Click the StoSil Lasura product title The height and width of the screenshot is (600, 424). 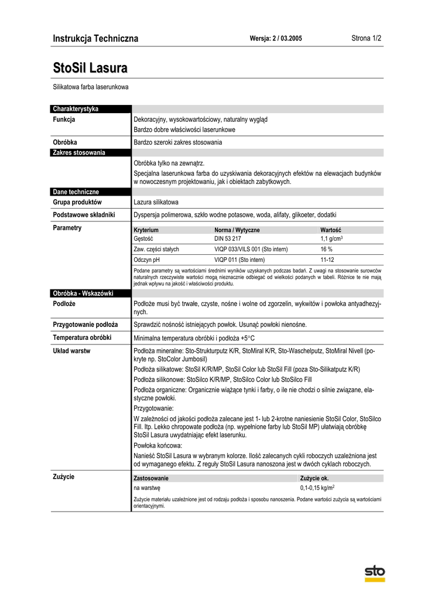pyautogui.click(x=90, y=68)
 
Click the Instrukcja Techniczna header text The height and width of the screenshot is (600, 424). pyautogui.click(x=95, y=39)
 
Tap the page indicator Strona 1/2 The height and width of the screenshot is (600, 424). pyautogui.click(x=366, y=38)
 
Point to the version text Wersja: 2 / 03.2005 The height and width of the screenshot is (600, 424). pyautogui.click(x=276, y=39)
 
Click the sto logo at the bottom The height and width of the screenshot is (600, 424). pyautogui.click(x=375, y=572)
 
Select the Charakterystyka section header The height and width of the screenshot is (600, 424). pyautogui.click(x=76, y=109)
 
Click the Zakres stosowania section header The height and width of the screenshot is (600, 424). pyautogui.click(x=79, y=152)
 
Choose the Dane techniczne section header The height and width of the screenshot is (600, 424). pyautogui.click(x=76, y=192)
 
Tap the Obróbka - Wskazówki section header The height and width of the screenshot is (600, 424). pyautogui.click(x=83, y=293)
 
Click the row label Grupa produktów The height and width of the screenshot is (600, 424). pyautogui.click(x=77, y=202)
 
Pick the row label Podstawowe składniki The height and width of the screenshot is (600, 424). pyautogui.click(x=84, y=214)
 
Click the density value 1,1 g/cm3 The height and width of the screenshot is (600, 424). pyautogui.click(x=331, y=239)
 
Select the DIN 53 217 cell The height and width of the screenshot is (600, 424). pyautogui.click(x=227, y=239)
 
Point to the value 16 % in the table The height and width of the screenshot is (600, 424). pyautogui.click(x=326, y=249)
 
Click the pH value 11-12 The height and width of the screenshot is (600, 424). pyautogui.click(x=327, y=260)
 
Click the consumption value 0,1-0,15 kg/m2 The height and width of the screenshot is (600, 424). pyautogui.click(x=317, y=487)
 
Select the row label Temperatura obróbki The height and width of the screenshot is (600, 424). pyautogui.click(x=82, y=337)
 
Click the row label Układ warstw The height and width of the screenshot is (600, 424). pyautogui.click(x=71, y=351)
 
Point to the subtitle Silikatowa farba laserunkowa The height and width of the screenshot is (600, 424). pyautogui.click(x=91, y=87)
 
